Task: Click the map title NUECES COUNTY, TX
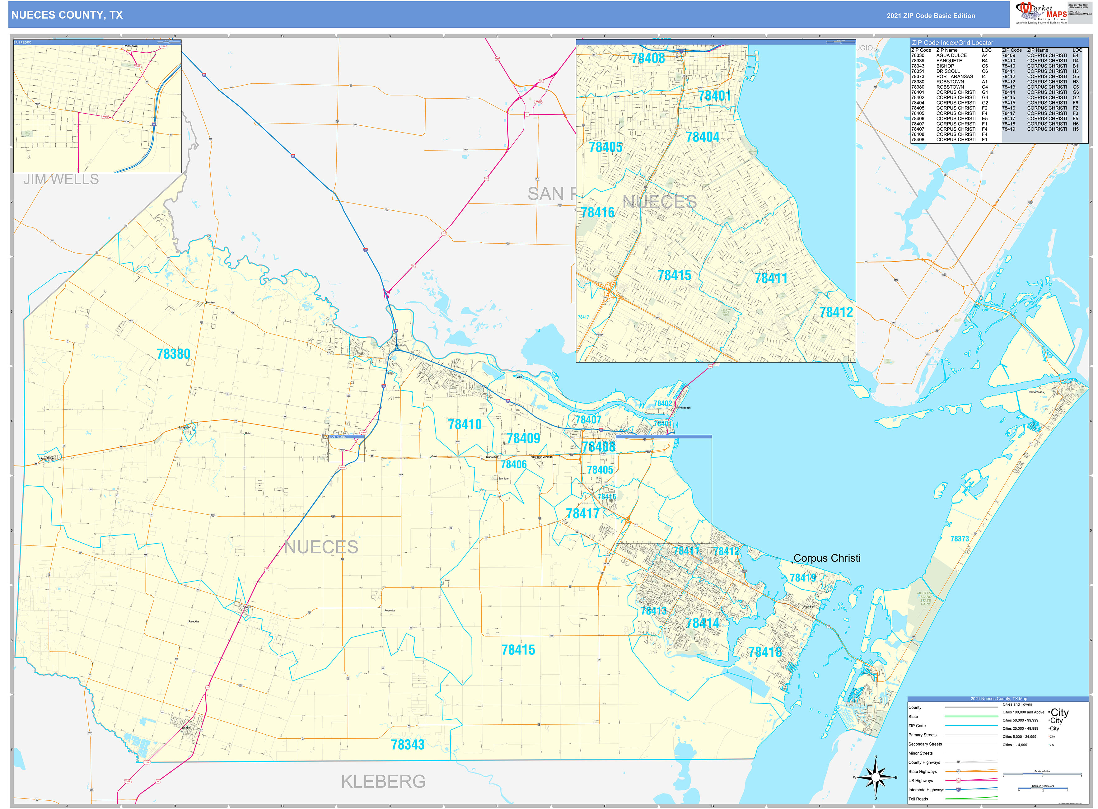pyautogui.click(x=67, y=15)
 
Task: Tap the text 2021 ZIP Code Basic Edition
pyautogui.click(x=931, y=16)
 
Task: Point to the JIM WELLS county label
pyautogui.click(x=61, y=179)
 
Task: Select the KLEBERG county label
pyautogui.click(x=383, y=781)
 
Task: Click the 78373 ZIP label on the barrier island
pyautogui.click(x=960, y=539)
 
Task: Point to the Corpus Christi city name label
pyautogui.click(x=827, y=558)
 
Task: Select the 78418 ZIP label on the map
pyautogui.click(x=764, y=652)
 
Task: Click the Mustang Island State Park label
pyautogui.click(x=925, y=598)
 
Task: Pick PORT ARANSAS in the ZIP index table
pyautogui.click(x=955, y=77)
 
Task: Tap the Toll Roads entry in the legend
pyautogui.click(x=918, y=799)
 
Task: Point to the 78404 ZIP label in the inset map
pyautogui.click(x=702, y=137)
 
